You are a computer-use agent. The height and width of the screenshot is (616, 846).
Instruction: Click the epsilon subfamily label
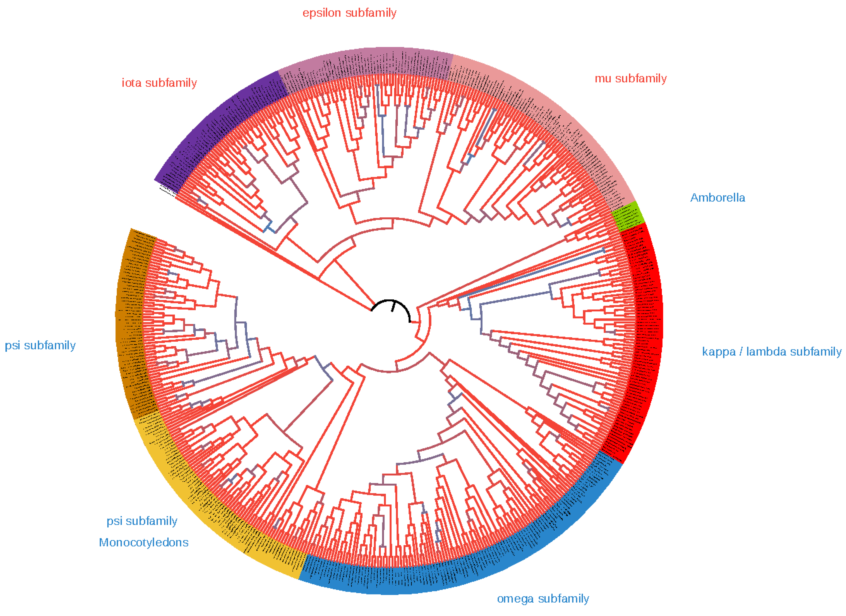349,13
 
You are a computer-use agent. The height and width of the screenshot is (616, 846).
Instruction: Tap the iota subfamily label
159,83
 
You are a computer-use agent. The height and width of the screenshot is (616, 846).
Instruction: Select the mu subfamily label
630,79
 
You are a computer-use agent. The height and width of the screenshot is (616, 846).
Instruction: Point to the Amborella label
717,198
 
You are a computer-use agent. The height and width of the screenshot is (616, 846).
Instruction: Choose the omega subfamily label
543,599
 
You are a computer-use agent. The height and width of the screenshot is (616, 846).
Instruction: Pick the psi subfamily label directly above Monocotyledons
142,521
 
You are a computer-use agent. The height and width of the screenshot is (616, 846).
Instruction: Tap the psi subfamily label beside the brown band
40,345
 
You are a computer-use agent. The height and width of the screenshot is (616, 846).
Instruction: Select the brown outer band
129,321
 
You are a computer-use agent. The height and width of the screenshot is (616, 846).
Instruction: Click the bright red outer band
648,335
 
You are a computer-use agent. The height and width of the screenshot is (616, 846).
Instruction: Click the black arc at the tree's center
390,301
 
